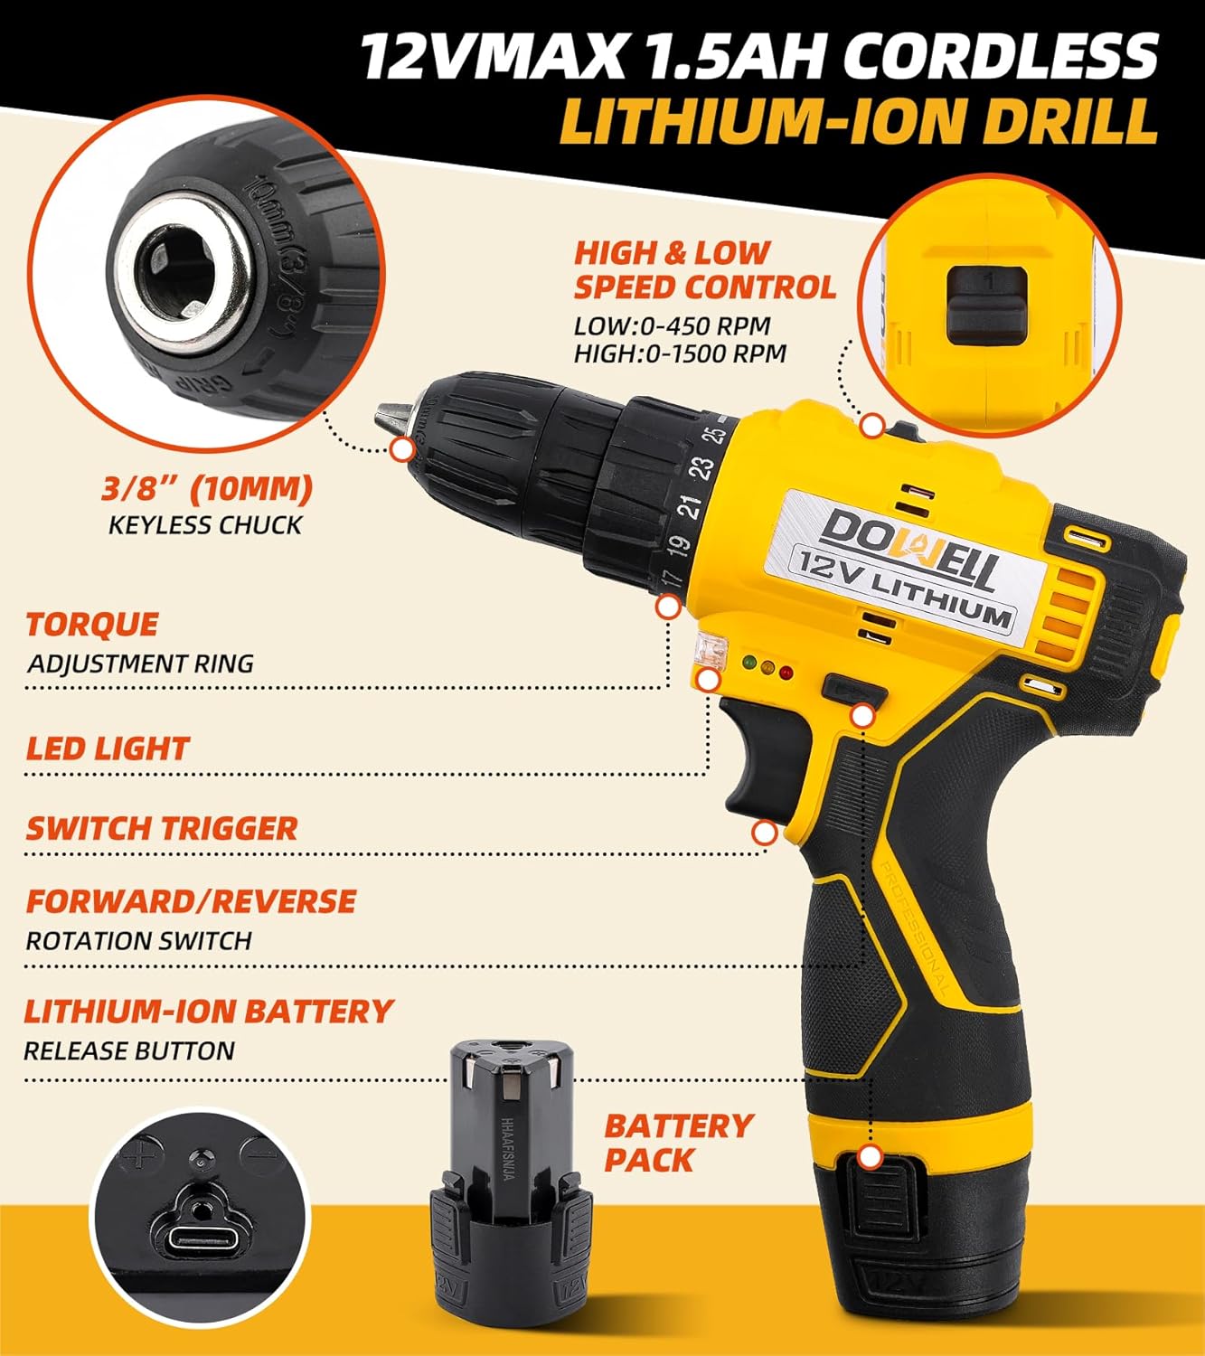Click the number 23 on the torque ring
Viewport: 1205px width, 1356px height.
pos(704,467)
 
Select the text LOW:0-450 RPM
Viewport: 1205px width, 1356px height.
pos(673,326)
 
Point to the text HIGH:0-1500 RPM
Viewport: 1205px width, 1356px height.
pos(680,353)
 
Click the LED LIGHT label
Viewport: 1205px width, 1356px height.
pos(108,749)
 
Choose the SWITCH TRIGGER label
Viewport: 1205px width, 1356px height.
pos(162,829)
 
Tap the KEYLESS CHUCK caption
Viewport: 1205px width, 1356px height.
pos(205,525)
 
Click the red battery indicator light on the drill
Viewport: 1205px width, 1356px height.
pos(786,672)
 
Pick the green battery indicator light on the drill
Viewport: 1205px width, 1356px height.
pos(749,663)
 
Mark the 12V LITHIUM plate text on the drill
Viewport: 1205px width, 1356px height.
pos(902,587)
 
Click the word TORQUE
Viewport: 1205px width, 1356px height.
pos(92,625)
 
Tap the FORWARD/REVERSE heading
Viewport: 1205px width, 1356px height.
pos(191,901)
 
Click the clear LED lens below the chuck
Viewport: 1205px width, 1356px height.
pos(711,649)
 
